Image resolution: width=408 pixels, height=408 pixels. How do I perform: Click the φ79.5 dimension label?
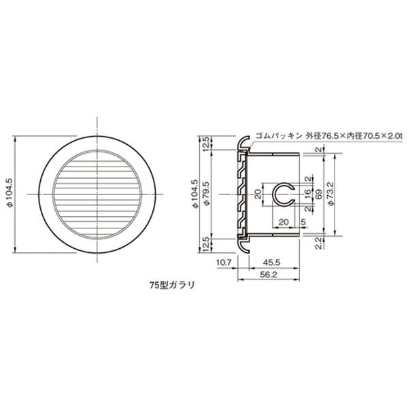point(207,194)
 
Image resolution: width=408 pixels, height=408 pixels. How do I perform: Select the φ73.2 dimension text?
point(331,194)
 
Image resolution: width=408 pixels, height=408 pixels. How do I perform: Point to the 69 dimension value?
point(319,194)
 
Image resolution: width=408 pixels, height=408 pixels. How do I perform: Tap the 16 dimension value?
point(308,193)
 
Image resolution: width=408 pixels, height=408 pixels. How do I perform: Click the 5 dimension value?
point(303,222)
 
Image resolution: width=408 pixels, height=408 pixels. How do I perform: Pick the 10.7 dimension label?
point(224,262)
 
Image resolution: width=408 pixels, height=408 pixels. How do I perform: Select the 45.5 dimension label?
point(271,262)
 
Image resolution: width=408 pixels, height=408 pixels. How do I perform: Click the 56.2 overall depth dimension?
point(269,275)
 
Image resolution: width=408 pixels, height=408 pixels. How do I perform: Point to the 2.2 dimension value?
point(319,243)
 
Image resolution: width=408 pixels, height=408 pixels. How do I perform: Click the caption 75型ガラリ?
point(172,285)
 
